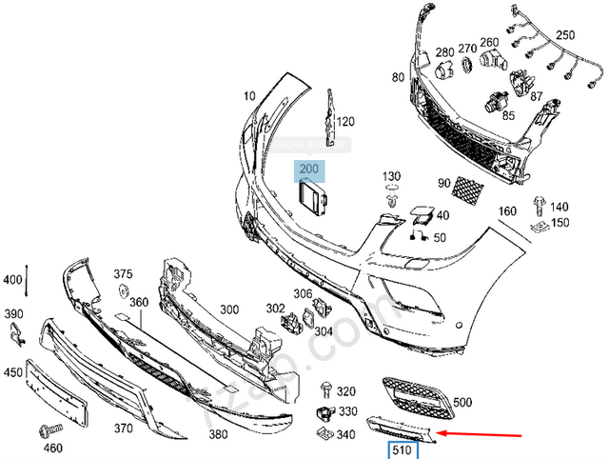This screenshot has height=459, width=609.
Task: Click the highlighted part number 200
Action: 309,171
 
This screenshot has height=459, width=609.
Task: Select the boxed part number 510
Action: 398,450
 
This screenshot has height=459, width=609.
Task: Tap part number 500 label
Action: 462,403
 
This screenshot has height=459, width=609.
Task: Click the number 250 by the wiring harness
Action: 565,35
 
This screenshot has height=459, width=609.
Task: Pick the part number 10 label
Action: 249,96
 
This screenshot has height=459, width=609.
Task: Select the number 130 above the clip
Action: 392,178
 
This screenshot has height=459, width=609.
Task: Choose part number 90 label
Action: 443,183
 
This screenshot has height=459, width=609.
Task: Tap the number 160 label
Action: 506,211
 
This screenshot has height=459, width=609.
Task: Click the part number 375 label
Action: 123,274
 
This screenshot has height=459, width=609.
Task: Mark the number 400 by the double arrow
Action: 11,280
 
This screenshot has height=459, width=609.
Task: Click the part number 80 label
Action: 397,76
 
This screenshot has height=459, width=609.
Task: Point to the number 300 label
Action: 228,310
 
